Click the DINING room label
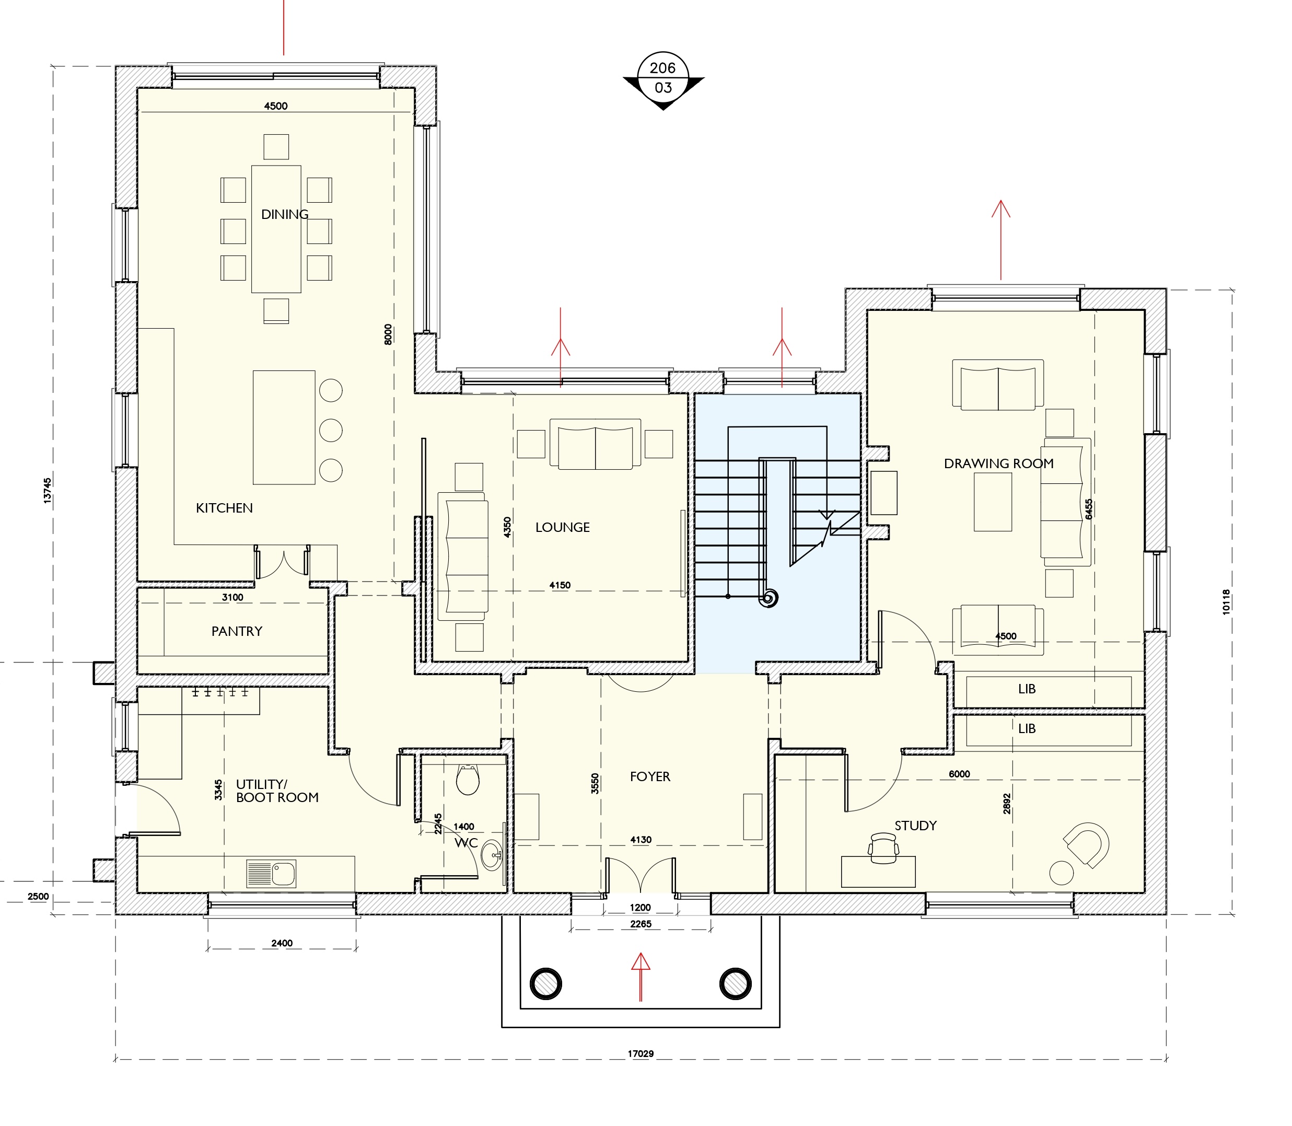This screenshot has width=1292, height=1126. click(285, 214)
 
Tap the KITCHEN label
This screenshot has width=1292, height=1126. click(224, 508)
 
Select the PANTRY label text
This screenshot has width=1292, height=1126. click(237, 631)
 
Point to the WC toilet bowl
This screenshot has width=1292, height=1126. click(467, 779)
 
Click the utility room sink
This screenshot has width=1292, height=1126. click(271, 873)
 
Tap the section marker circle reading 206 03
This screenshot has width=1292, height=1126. click(664, 77)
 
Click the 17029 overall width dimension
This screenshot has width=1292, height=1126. click(641, 1054)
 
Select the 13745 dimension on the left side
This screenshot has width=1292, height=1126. click(48, 490)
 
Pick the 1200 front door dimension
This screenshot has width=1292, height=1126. click(641, 908)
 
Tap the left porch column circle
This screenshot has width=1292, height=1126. click(546, 983)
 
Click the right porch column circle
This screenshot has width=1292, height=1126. click(736, 983)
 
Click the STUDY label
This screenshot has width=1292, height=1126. click(916, 826)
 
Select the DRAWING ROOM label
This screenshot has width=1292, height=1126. click(999, 463)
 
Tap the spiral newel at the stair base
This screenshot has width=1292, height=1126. click(769, 598)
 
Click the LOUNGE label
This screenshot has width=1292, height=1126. click(563, 527)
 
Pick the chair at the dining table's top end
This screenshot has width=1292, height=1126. click(276, 146)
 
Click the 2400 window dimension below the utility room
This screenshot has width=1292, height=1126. click(282, 943)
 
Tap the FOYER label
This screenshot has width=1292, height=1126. click(650, 776)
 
